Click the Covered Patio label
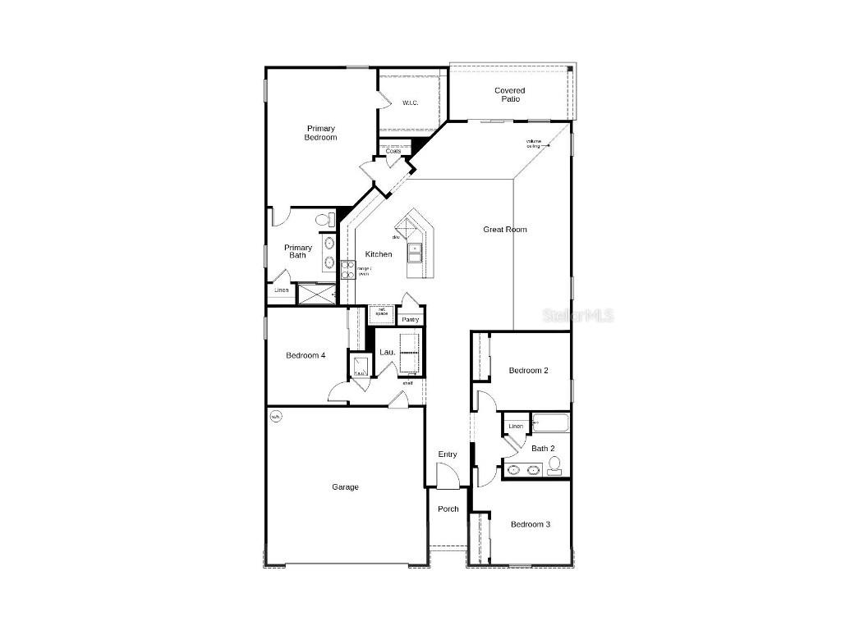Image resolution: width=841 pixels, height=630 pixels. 509,95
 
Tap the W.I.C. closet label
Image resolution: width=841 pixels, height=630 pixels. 411,103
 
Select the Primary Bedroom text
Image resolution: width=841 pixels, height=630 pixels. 320,133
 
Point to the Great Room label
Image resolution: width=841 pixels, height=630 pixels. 505,230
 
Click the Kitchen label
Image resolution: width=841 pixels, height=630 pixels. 379,254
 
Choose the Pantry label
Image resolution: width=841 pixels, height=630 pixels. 411,319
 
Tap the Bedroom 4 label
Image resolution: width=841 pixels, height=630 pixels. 306,355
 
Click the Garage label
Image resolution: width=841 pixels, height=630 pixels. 345,487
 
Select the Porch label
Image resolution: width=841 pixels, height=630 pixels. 448,509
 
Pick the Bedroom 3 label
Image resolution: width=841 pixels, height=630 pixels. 531,524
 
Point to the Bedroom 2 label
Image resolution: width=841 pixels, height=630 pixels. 528,371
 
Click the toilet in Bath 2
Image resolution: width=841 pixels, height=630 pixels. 555,466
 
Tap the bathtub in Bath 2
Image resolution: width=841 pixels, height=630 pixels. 550,423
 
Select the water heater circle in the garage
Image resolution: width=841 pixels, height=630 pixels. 276,417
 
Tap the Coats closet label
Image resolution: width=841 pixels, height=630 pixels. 393,151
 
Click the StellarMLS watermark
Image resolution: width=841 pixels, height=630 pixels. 584,316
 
